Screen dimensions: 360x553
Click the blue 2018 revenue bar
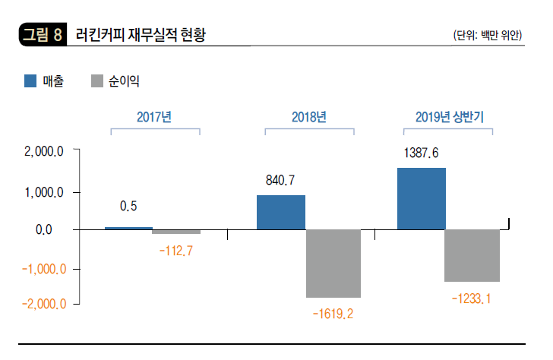tap(281, 212)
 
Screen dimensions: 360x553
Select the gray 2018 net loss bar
tap(333, 263)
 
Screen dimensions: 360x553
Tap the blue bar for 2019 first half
tap(422, 198)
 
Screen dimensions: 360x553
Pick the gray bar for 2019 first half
tap(472, 255)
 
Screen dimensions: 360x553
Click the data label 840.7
tap(280, 181)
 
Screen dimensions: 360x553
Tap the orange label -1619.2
tap(333, 312)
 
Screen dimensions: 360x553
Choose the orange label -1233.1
tap(472, 299)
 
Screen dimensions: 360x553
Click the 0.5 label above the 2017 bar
tap(128, 206)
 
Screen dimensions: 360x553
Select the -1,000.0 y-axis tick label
tap(45, 268)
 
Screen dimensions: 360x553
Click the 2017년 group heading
tap(155, 117)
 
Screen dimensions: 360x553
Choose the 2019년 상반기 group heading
tap(450, 117)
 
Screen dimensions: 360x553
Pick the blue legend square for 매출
tap(31, 81)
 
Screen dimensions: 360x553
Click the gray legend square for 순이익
tap(97, 81)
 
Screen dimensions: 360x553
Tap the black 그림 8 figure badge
tap(42, 35)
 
